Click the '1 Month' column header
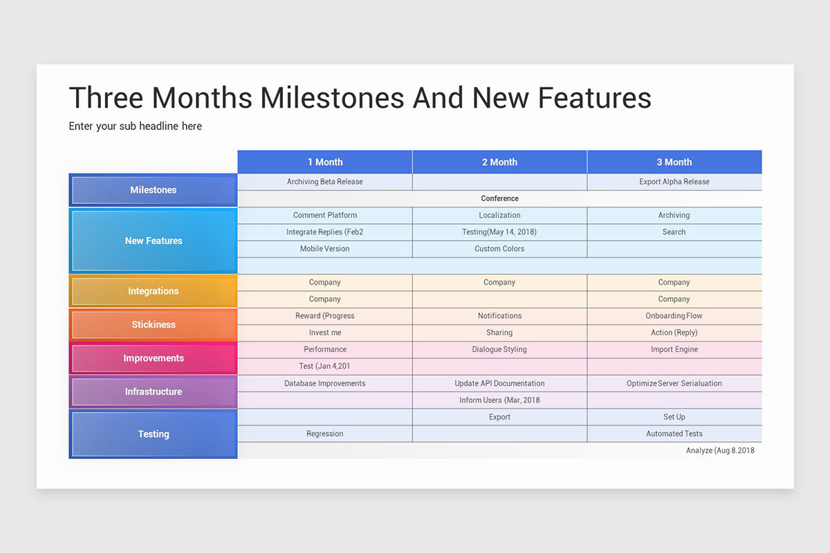[x=325, y=162]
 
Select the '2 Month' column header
[x=499, y=162]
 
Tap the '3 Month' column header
[x=674, y=162]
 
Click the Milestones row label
[x=154, y=190]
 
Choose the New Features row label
[x=154, y=241]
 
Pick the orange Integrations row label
[x=154, y=291]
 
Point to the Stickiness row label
[x=154, y=325]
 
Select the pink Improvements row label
[x=154, y=358]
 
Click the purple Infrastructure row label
[x=154, y=392]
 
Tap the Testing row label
[x=154, y=434]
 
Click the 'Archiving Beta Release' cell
[x=325, y=182]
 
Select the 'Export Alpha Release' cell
[x=674, y=182]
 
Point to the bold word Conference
[x=499, y=198]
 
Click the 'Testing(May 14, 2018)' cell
[x=499, y=232]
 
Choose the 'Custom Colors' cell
[x=499, y=249]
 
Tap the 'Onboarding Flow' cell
[x=674, y=316]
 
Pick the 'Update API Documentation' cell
[x=499, y=384]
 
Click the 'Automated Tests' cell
[x=674, y=434]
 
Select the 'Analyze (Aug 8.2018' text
[x=720, y=451]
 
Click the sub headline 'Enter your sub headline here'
[x=136, y=126]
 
